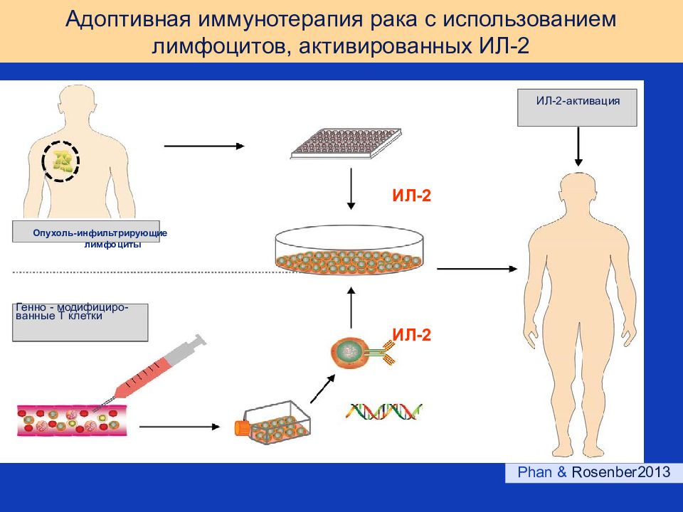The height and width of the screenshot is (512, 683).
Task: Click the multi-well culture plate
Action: (x=346, y=143)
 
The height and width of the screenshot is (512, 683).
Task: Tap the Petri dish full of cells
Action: (x=349, y=250)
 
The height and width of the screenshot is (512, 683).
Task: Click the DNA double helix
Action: (x=383, y=411)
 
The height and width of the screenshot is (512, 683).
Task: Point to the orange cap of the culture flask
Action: (x=241, y=427)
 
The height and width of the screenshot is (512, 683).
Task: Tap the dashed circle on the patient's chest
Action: (x=60, y=161)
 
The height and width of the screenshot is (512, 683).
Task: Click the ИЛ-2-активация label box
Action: (x=577, y=107)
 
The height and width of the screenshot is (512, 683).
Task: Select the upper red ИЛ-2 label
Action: (x=412, y=196)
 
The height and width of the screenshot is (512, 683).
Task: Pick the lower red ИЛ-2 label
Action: (x=412, y=334)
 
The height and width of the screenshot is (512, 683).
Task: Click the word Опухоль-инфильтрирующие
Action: (x=100, y=233)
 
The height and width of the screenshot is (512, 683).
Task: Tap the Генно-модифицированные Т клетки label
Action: (x=72, y=311)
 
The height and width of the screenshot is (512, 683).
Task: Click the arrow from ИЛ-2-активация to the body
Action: (x=578, y=146)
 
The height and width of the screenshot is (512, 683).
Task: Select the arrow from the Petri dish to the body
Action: (x=477, y=269)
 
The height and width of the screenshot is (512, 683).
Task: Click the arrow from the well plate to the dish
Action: (x=351, y=189)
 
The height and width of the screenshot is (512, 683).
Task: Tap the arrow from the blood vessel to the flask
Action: (x=179, y=427)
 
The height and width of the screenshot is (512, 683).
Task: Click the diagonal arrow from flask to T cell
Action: (x=322, y=389)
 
